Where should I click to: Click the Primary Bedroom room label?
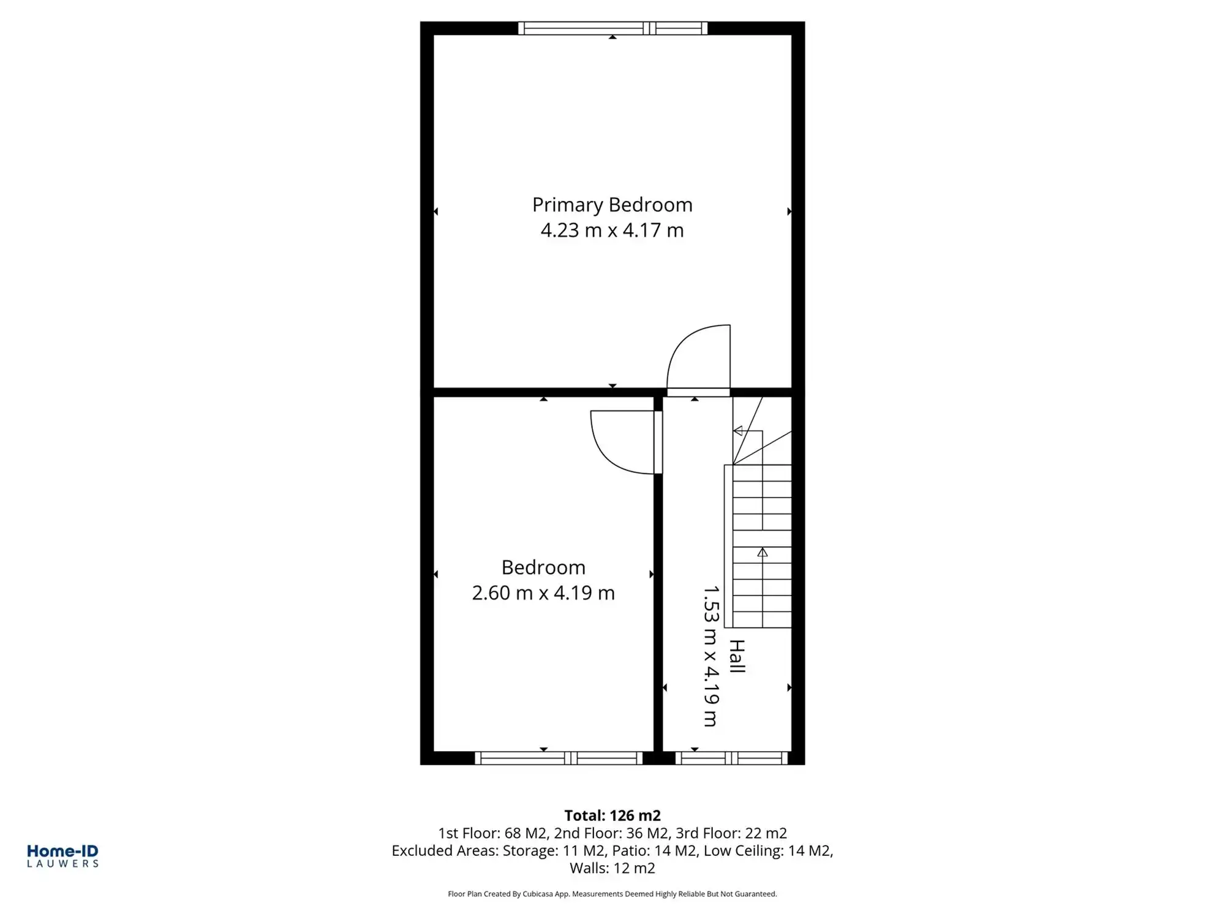(x=612, y=205)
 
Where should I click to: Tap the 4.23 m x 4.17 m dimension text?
(x=612, y=230)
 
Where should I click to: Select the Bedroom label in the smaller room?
(x=543, y=567)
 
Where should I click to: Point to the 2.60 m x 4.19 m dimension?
(x=543, y=593)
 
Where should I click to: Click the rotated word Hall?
(x=737, y=657)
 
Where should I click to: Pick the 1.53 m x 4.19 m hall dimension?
(x=710, y=656)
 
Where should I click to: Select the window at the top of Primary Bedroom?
(x=612, y=28)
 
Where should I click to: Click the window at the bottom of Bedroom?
(x=559, y=758)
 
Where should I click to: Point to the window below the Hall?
(x=731, y=758)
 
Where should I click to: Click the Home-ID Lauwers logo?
(x=62, y=856)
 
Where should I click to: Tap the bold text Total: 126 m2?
(x=612, y=815)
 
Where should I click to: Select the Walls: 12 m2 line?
(x=612, y=868)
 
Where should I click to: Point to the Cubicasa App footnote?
(x=612, y=894)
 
